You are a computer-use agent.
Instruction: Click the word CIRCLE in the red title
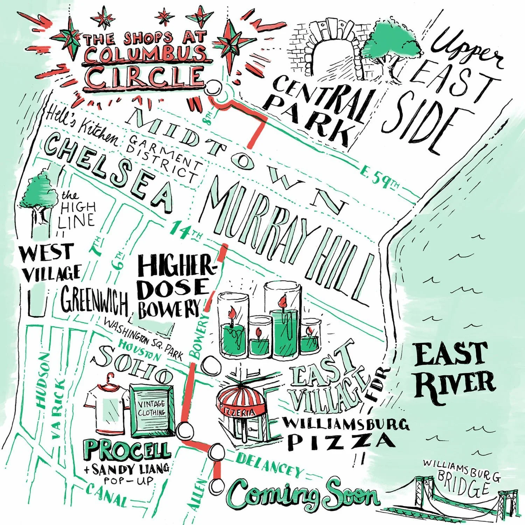pyautogui.click(x=145, y=77)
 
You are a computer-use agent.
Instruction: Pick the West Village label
pyautogui.click(x=51, y=262)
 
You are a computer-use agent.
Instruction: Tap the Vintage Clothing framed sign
pyautogui.click(x=152, y=409)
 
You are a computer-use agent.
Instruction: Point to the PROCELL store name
pyautogui.click(x=128, y=450)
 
